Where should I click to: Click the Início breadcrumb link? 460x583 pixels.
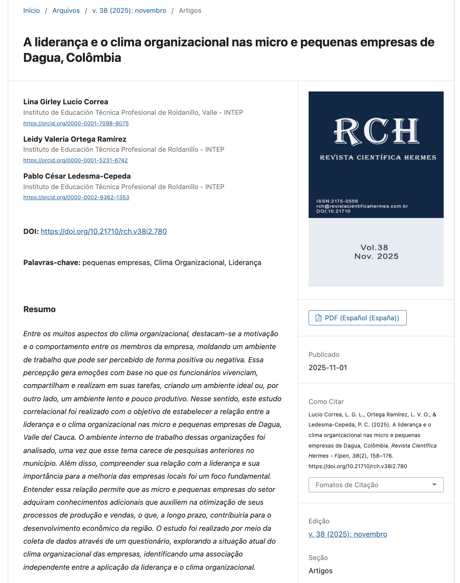tap(32, 11)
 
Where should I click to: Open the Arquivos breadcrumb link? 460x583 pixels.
tap(66, 11)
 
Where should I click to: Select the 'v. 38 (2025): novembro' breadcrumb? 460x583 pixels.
tap(129, 11)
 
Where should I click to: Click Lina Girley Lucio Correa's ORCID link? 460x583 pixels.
tap(76, 123)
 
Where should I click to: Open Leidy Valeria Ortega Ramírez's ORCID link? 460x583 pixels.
tap(75, 160)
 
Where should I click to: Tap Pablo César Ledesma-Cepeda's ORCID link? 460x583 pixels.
tap(76, 197)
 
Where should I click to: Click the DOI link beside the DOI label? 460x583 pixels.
tap(104, 232)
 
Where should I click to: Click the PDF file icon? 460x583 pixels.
tap(318, 318)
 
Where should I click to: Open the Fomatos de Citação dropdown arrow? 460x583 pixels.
tap(434, 485)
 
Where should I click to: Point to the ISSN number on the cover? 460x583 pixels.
tap(337, 201)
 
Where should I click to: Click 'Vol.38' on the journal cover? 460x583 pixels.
tap(374, 248)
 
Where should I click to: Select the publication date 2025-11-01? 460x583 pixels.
tap(328, 368)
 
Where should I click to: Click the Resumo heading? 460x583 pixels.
tap(39, 309)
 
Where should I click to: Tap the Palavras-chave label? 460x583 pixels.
tap(52, 263)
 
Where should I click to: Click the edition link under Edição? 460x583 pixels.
tap(348, 534)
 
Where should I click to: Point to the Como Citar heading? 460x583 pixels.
tap(326, 402)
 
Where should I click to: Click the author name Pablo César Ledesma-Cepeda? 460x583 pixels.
tap(77, 176)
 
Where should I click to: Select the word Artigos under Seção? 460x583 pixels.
tap(321, 571)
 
